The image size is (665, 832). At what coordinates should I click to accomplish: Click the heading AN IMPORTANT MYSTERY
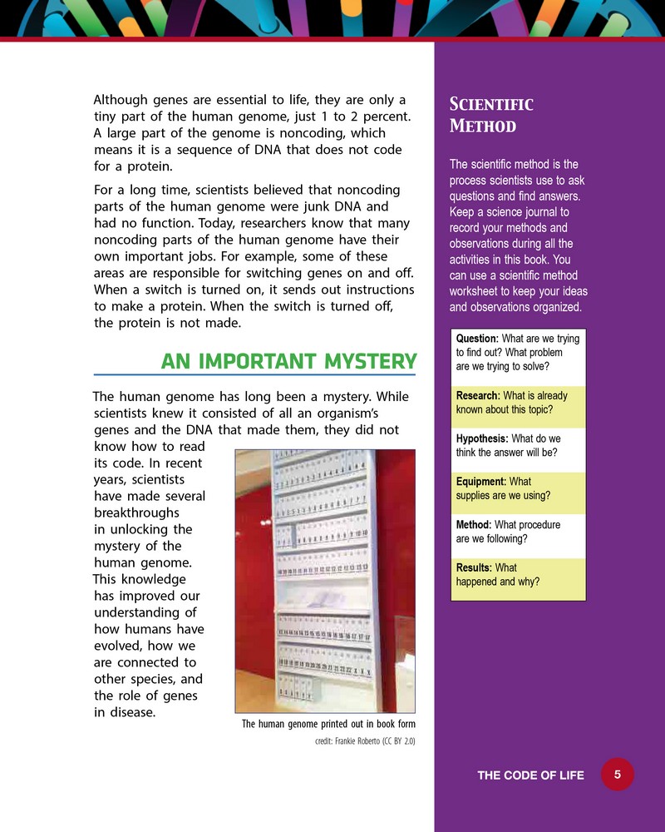288,362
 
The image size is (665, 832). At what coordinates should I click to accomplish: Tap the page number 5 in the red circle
618,775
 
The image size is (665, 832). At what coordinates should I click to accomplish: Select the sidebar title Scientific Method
490,115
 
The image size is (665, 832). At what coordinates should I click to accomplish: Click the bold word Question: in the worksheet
477,339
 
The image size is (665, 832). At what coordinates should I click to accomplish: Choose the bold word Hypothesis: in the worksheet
482,438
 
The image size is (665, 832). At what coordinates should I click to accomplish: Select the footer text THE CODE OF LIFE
530,775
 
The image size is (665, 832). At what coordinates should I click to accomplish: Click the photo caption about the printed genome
328,724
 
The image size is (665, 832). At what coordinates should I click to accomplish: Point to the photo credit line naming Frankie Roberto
364,740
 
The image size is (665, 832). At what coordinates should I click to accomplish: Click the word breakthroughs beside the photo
136,513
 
